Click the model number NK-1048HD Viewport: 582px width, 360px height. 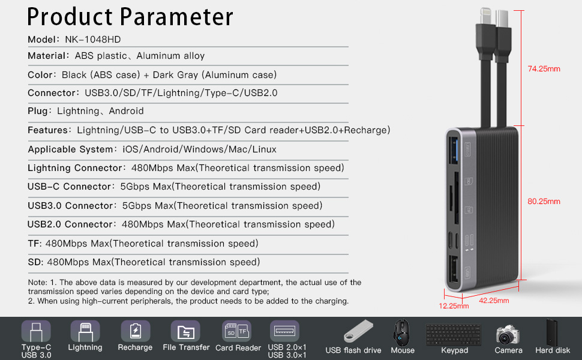(x=93, y=40)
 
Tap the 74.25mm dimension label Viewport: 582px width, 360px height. (x=544, y=68)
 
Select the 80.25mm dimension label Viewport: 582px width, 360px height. (x=544, y=202)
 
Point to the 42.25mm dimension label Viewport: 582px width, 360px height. (x=494, y=300)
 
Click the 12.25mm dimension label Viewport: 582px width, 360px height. (x=454, y=306)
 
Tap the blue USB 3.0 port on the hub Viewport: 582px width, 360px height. (x=454, y=151)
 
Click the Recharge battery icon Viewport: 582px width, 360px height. (x=135, y=331)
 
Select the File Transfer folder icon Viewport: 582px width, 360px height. (x=185, y=331)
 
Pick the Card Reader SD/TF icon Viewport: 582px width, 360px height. (x=236, y=331)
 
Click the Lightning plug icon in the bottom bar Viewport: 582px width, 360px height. (x=85, y=331)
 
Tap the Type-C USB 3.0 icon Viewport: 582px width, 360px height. (x=36, y=331)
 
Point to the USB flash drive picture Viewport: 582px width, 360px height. (x=358, y=331)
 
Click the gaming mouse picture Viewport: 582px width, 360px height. (x=402, y=332)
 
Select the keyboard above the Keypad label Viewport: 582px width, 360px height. (x=454, y=334)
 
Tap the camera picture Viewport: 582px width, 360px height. (x=508, y=335)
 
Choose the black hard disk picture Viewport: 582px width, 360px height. (x=552, y=332)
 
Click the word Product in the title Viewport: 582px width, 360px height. (x=70, y=17)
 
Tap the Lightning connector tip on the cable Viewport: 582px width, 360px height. (x=486, y=16)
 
